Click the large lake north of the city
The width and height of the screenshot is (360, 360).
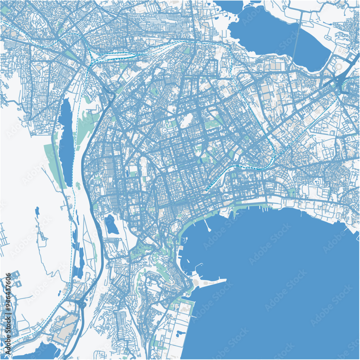pyautogui.click(x=274, y=32)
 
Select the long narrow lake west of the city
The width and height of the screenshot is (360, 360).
pyautogui.click(x=66, y=140)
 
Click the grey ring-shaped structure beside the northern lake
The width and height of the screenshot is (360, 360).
pyautogui.click(x=338, y=67)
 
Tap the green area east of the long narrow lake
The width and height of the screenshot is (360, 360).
pyautogui.click(x=85, y=124)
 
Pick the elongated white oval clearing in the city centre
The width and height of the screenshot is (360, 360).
pyautogui.click(x=186, y=121)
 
